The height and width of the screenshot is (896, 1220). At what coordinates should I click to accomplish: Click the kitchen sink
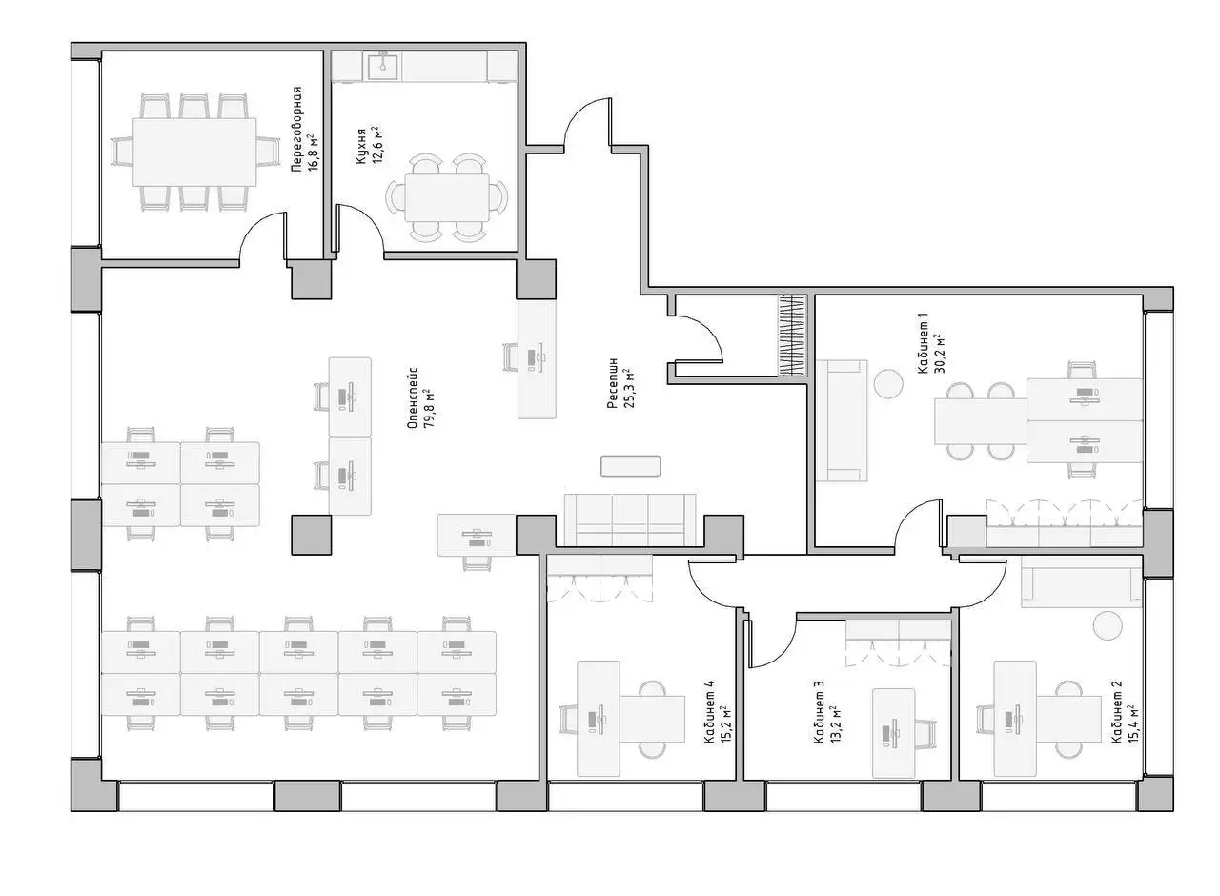pyautogui.click(x=383, y=65)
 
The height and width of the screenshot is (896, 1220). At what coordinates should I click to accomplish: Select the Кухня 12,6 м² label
pyautogui.click(x=368, y=146)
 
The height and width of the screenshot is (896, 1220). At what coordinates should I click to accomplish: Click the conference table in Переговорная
pyautogui.click(x=194, y=152)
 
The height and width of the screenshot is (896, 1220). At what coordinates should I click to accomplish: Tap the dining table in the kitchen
pyautogui.click(x=447, y=197)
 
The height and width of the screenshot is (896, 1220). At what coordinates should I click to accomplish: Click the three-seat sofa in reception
pyautogui.click(x=630, y=519)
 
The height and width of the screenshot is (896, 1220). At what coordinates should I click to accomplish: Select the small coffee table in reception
pyautogui.click(x=630, y=466)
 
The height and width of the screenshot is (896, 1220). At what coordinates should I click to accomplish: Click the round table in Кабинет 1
pyautogui.click(x=888, y=383)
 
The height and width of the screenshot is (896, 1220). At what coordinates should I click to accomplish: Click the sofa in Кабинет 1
pyautogui.click(x=842, y=420)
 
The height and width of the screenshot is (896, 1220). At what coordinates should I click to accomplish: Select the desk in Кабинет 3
pyautogui.click(x=893, y=733)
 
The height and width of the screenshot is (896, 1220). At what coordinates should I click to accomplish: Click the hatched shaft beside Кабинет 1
pyautogui.click(x=791, y=335)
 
